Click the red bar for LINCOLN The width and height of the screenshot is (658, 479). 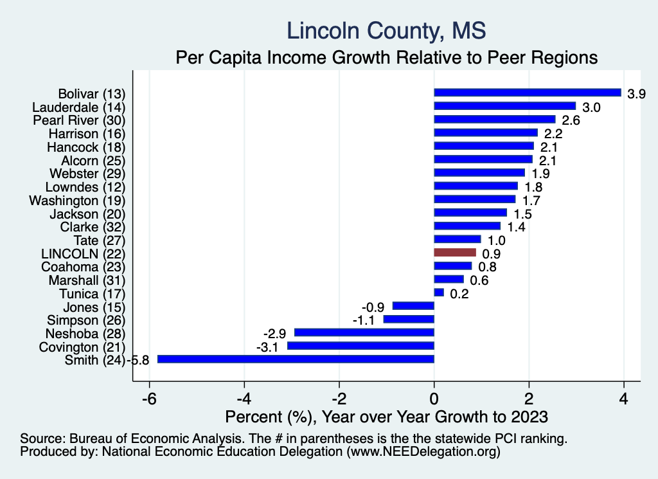455,253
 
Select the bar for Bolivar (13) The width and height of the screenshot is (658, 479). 528,93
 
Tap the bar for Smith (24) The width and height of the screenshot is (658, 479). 296,359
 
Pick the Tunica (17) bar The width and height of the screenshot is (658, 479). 439,293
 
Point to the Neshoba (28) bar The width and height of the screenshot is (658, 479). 364,332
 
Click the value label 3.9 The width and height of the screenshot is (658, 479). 636,93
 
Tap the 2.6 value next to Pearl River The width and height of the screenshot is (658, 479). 570,120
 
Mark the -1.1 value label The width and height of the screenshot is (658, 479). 365,320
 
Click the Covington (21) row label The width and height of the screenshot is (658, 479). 85,347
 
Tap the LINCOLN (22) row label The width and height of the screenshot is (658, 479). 83,253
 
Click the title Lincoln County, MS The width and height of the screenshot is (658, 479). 386,30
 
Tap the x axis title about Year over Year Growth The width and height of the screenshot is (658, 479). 386,417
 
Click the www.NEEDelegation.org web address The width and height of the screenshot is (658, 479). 422,452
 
